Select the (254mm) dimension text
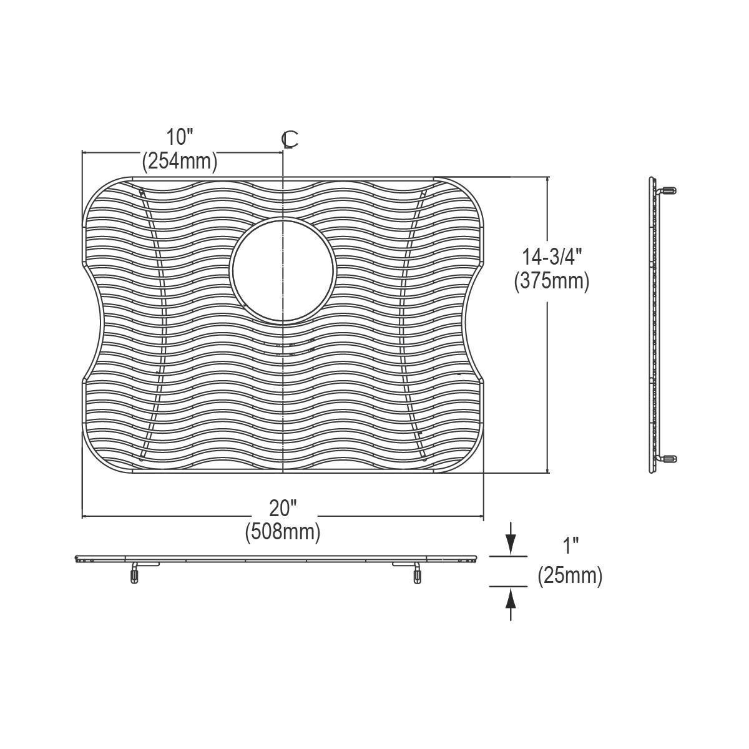[180, 162]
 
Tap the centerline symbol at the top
[290, 140]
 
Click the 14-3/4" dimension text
[551, 256]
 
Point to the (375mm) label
[551, 281]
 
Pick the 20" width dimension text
[283, 508]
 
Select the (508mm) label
[283, 533]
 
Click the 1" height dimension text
[570, 547]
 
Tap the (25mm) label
[570, 575]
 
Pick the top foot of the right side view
[668, 190]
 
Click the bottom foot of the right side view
[668, 459]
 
